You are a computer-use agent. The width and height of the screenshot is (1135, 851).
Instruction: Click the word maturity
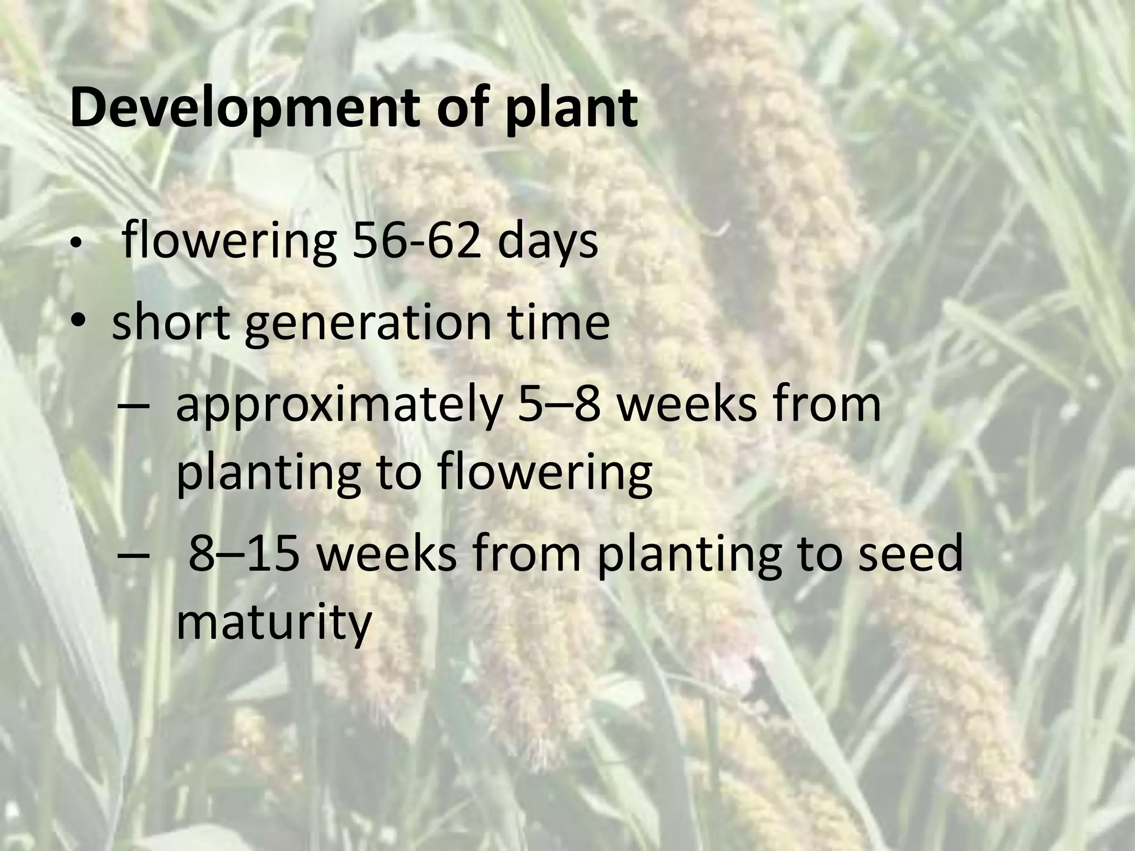273,622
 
